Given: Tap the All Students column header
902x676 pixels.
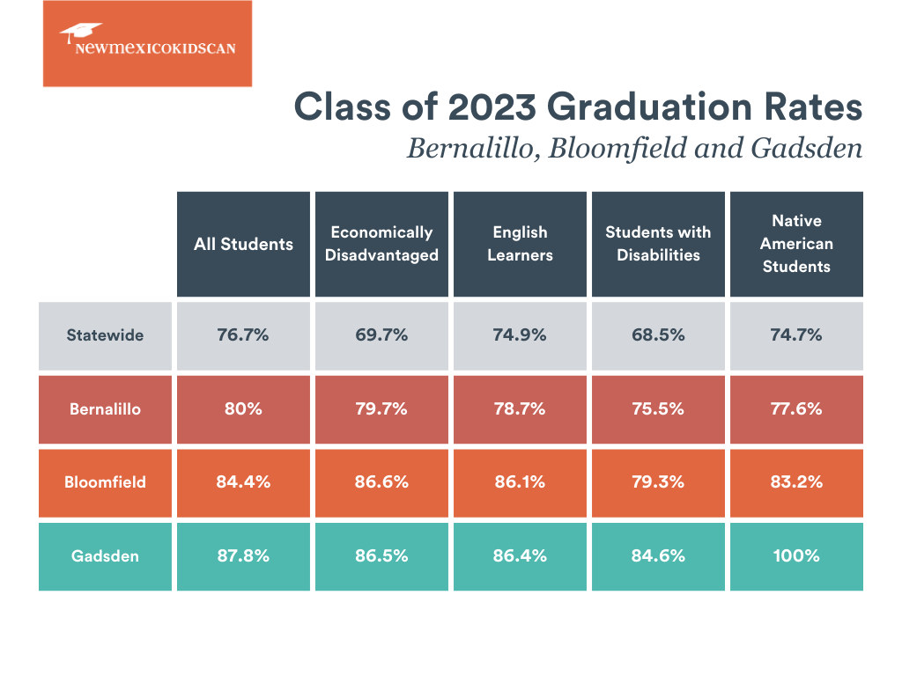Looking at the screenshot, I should (x=243, y=244).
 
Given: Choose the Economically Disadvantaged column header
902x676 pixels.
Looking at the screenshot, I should (x=381, y=244).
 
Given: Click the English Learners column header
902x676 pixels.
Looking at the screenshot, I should (x=520, y=244).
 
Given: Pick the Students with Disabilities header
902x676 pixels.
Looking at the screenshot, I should (x=658, y=244).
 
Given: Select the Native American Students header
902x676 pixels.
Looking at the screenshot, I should (x=796, y=244).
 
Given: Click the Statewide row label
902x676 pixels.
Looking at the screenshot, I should (x=105, y=334).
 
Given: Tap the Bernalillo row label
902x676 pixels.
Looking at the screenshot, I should (x=105, y=408).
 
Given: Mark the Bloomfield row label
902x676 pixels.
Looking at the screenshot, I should (x=105, y=481).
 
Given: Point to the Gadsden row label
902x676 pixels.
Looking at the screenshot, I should (x=105, y=555).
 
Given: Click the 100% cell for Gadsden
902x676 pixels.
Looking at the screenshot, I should (x=796, y=555).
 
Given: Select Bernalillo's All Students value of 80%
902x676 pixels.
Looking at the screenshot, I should (x=243, y=408).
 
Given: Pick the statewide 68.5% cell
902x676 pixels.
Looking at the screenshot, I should (x=658, y=334).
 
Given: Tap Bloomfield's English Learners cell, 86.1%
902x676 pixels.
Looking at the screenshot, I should (x=520, y=481).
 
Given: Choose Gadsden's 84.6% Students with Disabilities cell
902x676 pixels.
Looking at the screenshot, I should (x=658, y=555).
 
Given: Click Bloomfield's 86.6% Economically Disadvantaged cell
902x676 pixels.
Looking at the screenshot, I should (x=381, y=481).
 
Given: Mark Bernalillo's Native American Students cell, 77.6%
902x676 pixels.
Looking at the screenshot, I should (x=796, y=408).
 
